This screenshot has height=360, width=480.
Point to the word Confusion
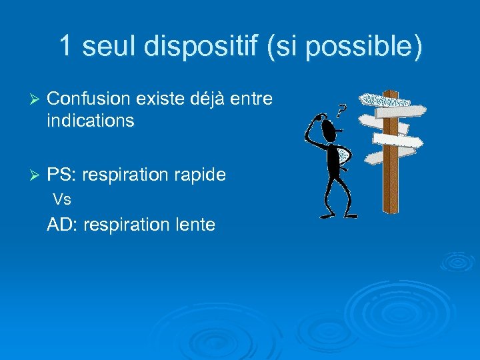coord(89,99)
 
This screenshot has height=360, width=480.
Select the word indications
coord(91,121)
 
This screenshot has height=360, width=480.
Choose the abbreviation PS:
coord(64,175)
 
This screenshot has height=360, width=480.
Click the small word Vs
coord(62,199)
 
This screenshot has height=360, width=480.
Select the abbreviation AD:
coord(63,225)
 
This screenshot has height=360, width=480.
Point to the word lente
coord(196,225)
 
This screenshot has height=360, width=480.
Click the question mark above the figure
coord(341,111)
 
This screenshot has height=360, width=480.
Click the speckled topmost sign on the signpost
coord(385,100)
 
